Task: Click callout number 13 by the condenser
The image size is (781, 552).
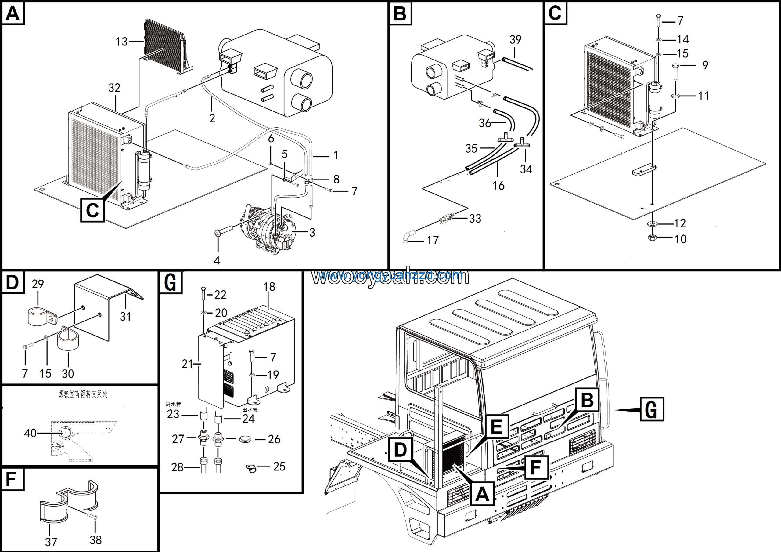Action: point(121,42)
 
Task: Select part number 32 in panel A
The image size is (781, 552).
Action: point(114,88)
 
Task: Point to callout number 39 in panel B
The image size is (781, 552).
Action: point(515,39)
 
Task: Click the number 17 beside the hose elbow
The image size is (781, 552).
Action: point(433,240)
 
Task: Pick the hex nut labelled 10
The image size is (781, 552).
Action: point(652,238)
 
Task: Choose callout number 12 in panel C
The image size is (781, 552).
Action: point(680,223)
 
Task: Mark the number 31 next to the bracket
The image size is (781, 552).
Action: point(125,317)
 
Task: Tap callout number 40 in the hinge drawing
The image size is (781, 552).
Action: point(30,433)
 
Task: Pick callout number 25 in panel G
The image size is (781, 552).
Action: point(279,466)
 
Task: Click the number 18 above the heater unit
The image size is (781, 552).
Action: point(269,287)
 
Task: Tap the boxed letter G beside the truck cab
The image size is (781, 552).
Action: point(652,409)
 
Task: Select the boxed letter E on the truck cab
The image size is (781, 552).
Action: point(497,427)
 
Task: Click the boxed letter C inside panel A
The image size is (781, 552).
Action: point(92,210)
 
